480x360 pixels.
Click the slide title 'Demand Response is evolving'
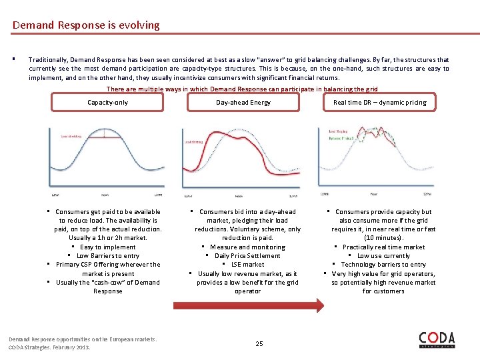click(x=86, y=25)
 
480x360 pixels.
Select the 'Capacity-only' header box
click(x=108, y=102)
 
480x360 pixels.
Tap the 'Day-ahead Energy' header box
click(x=243, y=102)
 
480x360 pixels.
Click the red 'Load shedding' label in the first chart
click(x=71, y=136)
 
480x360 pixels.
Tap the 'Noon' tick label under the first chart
click(x=105, y=195)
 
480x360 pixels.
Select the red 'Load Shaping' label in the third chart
click(x=339, y=131)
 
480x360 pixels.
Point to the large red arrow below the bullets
click(x=248, y=306)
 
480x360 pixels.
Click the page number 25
click(x=259, y=343)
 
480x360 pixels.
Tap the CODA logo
click(x=437, y=340)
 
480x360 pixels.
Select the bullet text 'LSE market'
click(x=247, y=265)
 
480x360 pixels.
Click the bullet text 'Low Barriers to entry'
click(x=108, y=256)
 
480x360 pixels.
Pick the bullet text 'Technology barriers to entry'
click(x=383, y=265)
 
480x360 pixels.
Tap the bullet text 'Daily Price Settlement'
click(x=247, y=256)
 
